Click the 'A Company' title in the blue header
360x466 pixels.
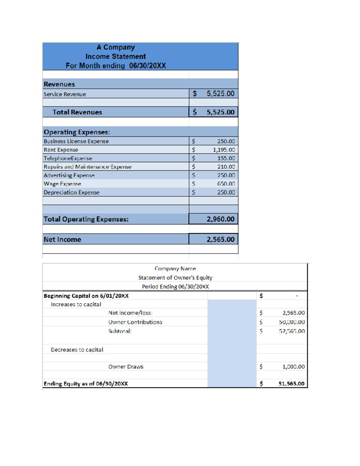click(115, 47)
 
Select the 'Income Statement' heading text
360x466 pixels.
click(115, 56)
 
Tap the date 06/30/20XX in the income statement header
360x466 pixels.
click(147, 66)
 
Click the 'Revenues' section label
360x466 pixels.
click(59, 84)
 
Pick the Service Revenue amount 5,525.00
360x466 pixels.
click(220, 94)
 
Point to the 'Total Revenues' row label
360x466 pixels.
click(77, 112)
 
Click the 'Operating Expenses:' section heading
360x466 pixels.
click(77, 132)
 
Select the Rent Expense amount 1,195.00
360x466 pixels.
click(224, 150)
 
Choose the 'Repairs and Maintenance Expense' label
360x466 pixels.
click(88, 167)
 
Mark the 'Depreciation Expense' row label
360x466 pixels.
click(71, 192)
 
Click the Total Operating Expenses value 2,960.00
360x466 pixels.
click(220, 219)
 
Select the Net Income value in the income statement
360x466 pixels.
click(220, 239)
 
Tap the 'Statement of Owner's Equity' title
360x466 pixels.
click(175, 278)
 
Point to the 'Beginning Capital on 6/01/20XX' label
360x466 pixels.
click(86, 296)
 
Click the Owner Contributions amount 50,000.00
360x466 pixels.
click(292, 322)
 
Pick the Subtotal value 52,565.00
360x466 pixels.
click(292, 331)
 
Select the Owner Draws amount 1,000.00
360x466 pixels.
click(293, 367)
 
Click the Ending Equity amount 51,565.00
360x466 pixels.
click(291, 384)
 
